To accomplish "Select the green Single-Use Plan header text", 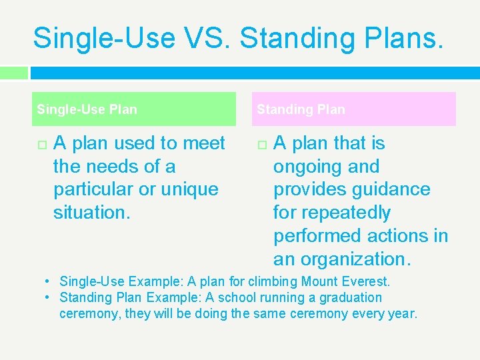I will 87,109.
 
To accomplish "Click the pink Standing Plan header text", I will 301,109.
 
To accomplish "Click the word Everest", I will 367,281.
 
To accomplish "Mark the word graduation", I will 350,297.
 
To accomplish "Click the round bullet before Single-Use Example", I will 49,281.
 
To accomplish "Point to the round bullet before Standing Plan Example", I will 49,297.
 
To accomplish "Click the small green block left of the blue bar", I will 14,73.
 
